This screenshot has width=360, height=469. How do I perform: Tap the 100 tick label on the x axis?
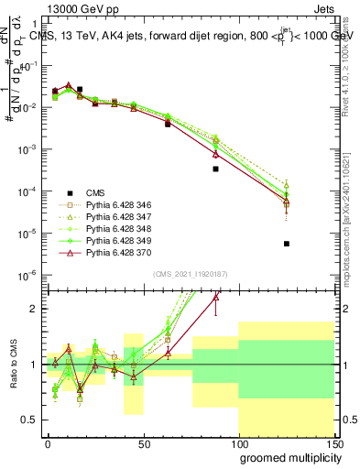point(238,442)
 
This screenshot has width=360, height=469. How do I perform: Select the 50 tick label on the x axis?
point(143,442)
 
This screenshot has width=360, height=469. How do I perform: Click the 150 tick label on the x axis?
point(333,442)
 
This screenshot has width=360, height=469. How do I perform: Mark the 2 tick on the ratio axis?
point(34,309)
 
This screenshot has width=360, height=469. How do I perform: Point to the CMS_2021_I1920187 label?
point(190,273)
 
